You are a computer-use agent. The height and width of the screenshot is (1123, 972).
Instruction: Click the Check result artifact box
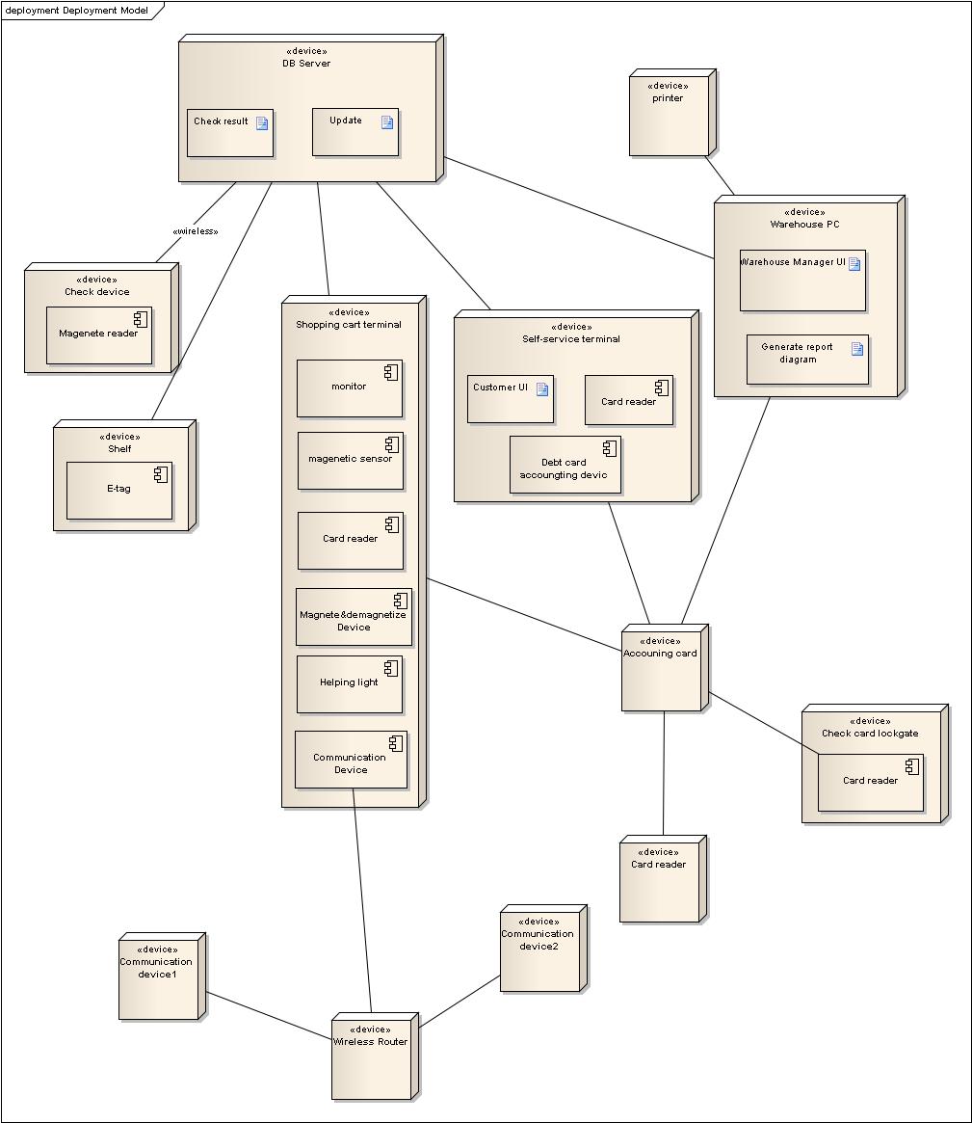(230, 133)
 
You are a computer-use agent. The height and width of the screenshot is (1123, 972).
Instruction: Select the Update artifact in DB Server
(355, 132)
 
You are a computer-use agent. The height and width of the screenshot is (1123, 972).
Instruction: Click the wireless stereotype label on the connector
(195, 231)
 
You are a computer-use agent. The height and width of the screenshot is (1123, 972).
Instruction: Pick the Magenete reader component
(99, 335)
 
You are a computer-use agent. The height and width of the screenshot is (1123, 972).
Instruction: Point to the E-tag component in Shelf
(119, 491)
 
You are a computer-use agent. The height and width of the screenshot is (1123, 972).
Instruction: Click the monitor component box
(349, 388)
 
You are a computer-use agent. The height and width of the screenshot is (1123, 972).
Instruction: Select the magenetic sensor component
(350, 461)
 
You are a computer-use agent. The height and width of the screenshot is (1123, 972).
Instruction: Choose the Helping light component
(349, 684)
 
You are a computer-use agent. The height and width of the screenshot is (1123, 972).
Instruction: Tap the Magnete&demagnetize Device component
(354, 617)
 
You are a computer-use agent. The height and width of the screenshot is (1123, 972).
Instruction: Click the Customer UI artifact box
(510, 399)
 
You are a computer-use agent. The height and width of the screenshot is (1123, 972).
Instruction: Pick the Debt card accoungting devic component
(565, 465)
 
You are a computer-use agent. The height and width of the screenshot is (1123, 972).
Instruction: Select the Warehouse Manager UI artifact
(801, 281)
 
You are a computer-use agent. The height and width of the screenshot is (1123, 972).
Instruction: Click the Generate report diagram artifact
(806, 360)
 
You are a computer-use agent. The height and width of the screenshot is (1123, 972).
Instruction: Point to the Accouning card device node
(663, 670)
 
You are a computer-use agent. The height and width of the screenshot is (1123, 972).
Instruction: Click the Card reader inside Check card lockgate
(870, 782)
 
